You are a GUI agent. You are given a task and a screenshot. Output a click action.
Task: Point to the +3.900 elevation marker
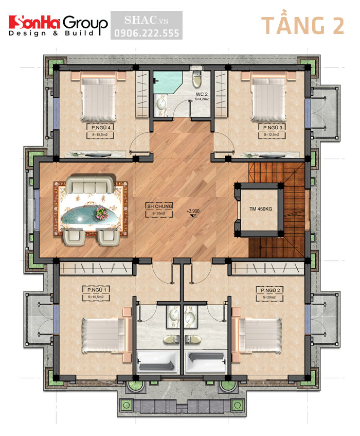pos(193,211)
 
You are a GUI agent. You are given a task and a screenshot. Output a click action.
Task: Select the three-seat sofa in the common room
pos(92,184)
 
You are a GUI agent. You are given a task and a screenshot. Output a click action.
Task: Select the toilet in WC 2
pos(196,80)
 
